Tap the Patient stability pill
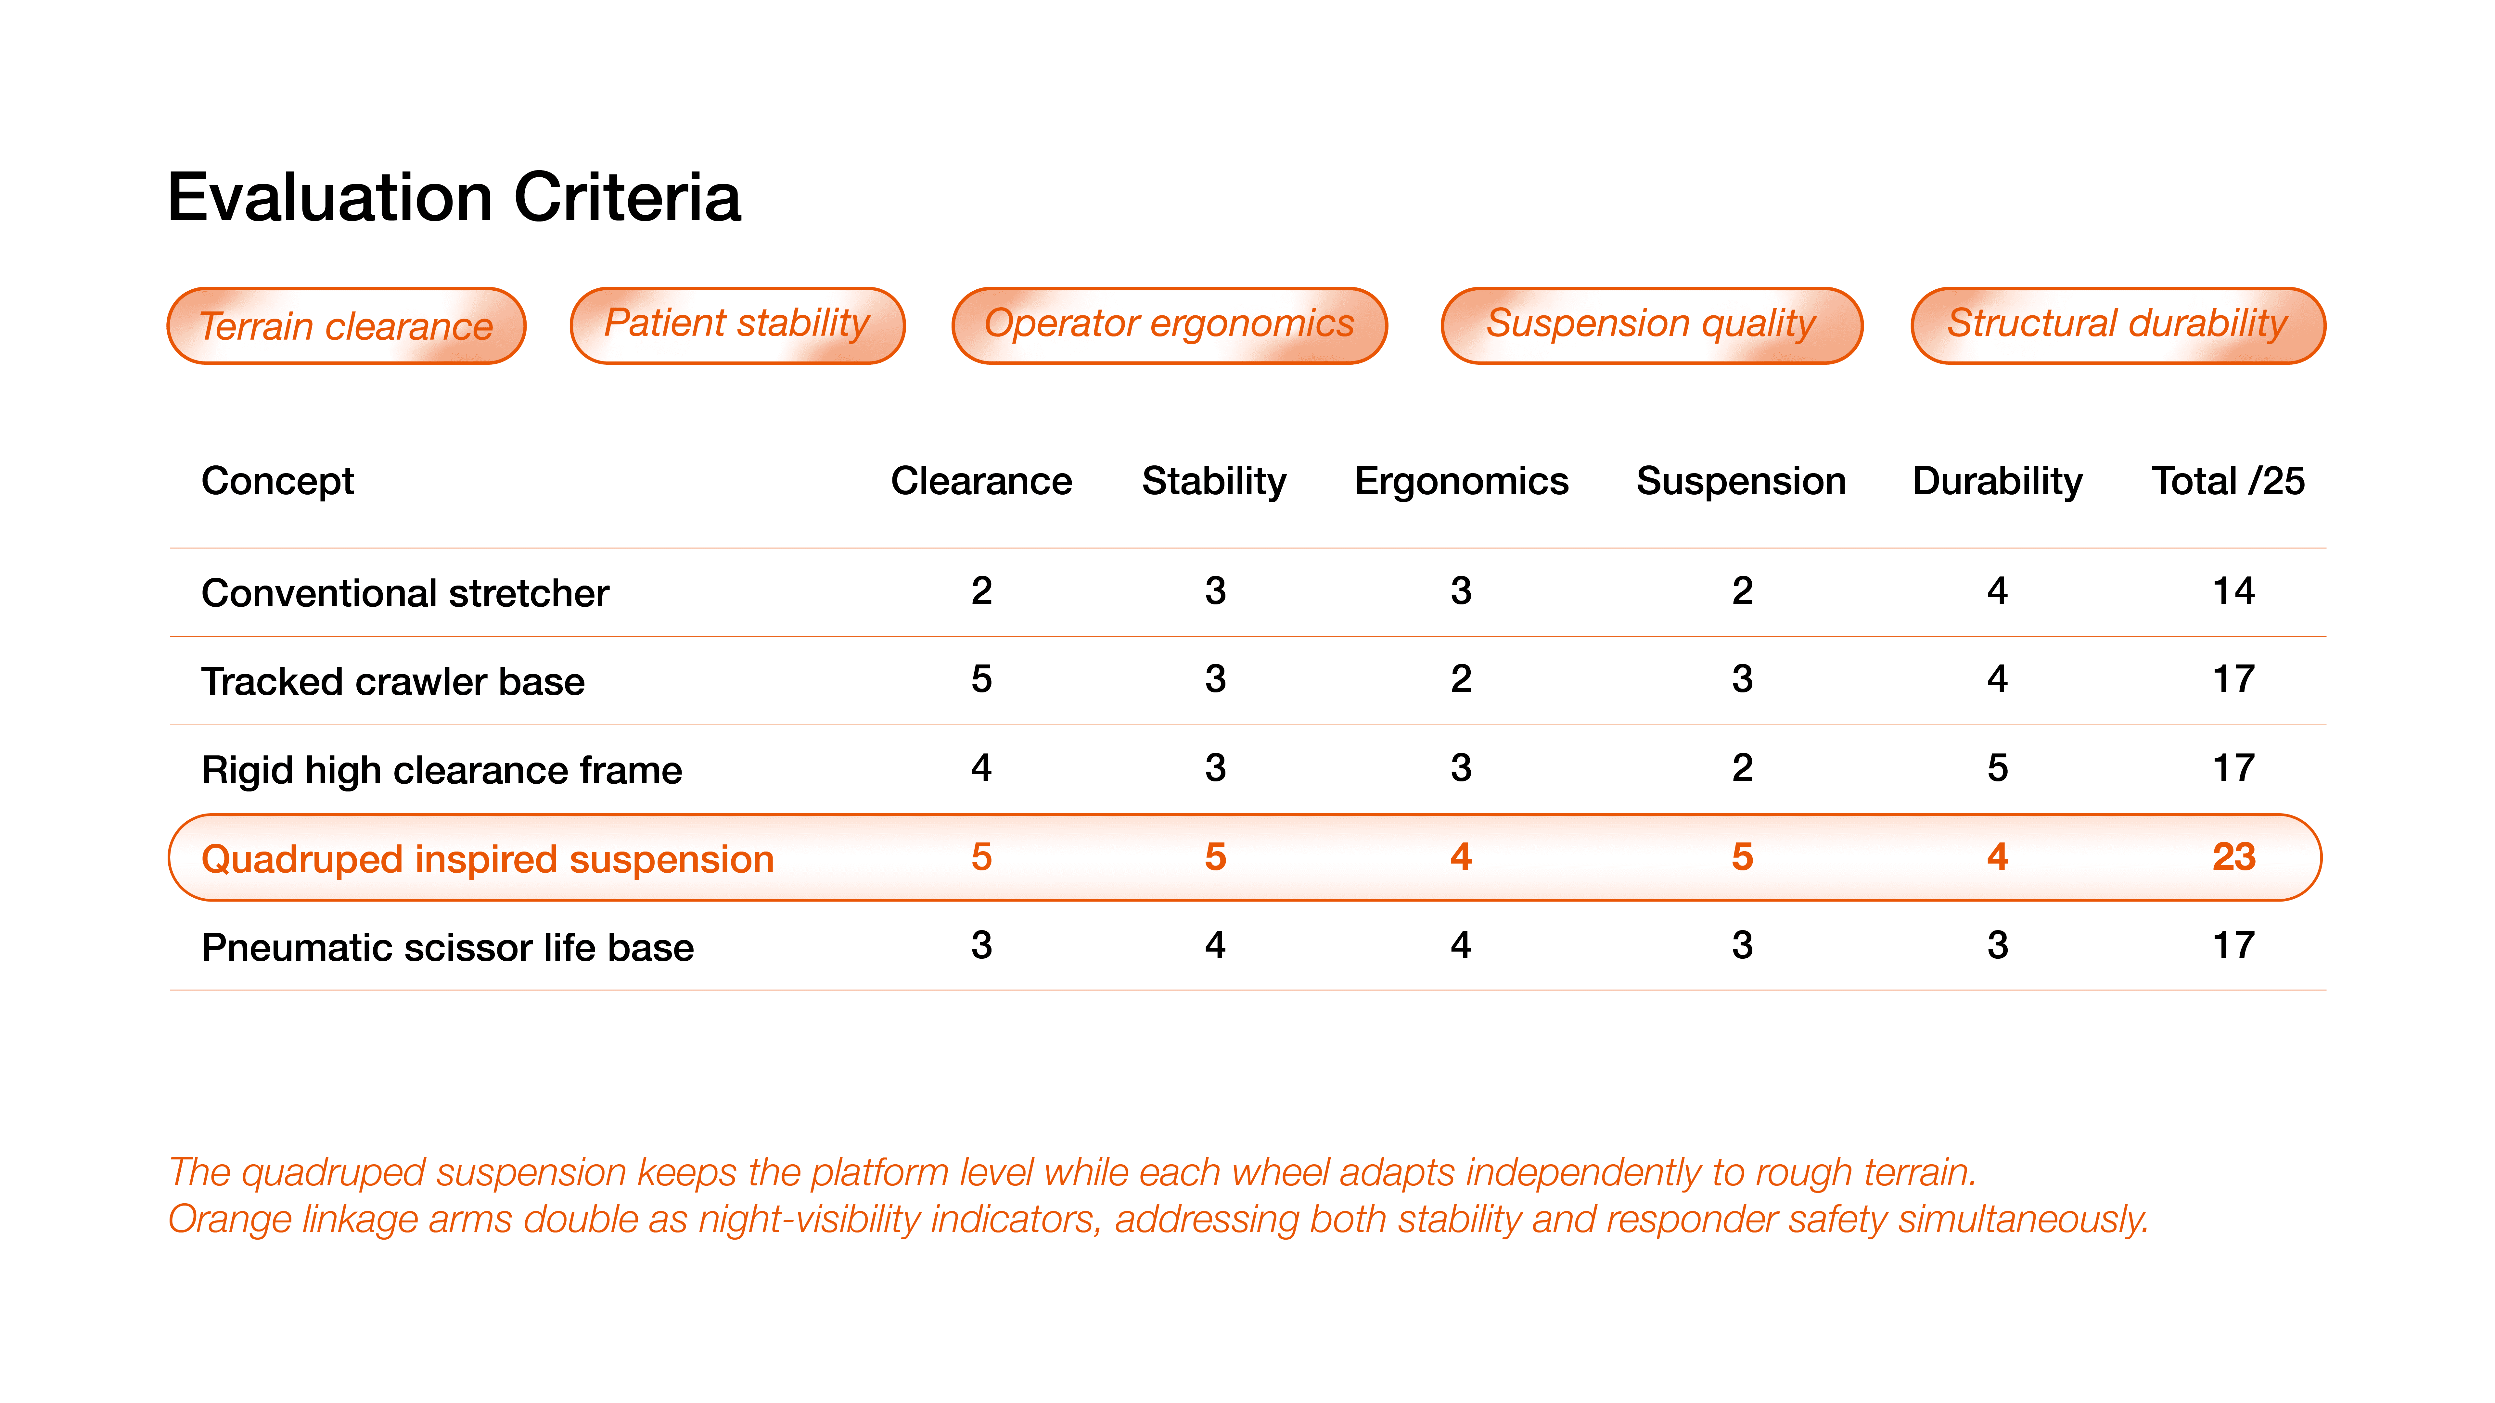pyautogui.click(x=737, y=325)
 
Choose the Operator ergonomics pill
pyautogui.click(x=1169, y=325)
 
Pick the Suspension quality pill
pyautogui.click(x=1651, y=325)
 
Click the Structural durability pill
pyautogui.click(x=2117, y=325)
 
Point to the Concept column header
pyautogui.click(x=278, y=481)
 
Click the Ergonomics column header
pyautogui.click(x=1462, y=481)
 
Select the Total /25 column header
pyautogui.click(x=2228, y=481)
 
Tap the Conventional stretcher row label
pyautogui.click(x=405, y=593)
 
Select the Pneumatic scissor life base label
pyautogui.click(x=447, y=947)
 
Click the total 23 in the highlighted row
pyautogui.click(x=2233, y=857)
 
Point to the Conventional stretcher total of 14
pyautogui.click(x=2233, y=591)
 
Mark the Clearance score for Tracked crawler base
pyautogui.click(x=981, y=679)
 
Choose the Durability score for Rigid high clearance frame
pyautogui.click(x=1997, y=768)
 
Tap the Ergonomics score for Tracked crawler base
pyautogui.click(x=1461, y=679)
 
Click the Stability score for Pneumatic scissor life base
pyautogui.click(x=1215, y=945)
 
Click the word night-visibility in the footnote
pyautogui.click(x=808, y=1219)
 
